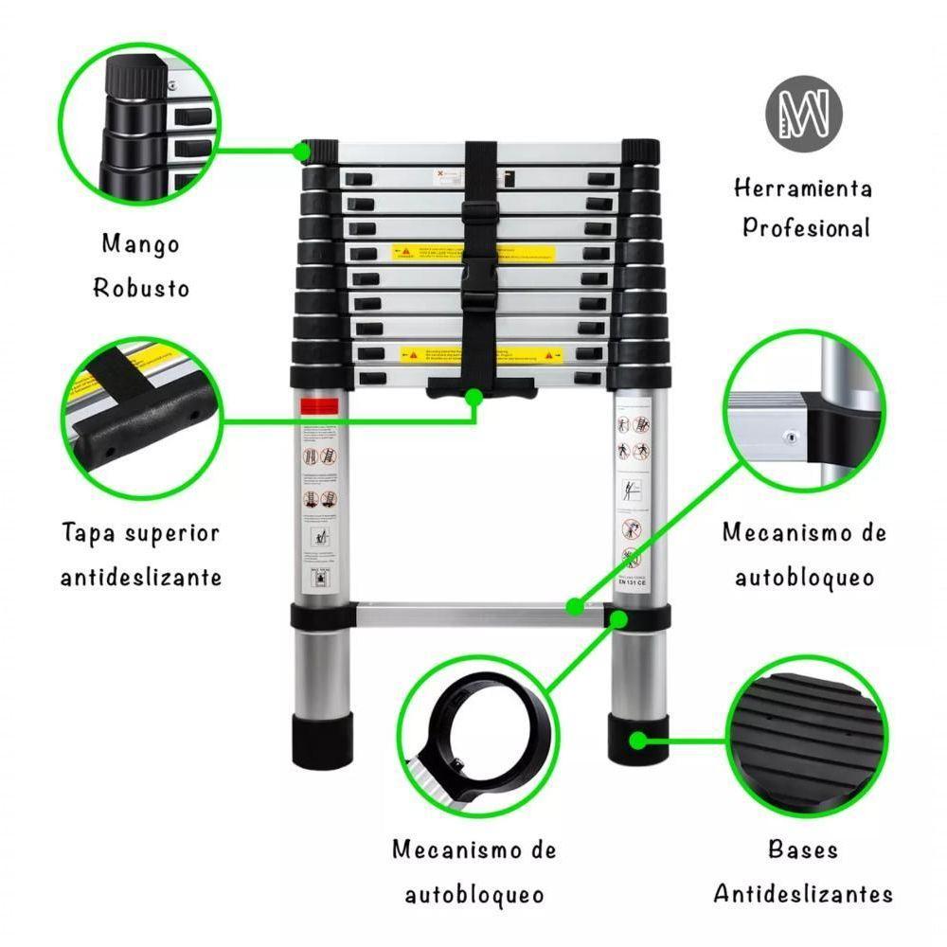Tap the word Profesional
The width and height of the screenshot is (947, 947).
point(805,228)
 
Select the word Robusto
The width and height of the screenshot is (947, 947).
point(141,288)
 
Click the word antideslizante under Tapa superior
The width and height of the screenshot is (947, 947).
point(141,577)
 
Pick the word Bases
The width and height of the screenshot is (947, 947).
point(803,849)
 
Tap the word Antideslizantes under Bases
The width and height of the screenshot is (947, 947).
point(803,893)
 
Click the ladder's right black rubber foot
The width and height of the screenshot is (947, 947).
point(634,740)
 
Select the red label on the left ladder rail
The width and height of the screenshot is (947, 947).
point(319,407)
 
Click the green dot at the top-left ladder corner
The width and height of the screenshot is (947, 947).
point(303,150)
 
